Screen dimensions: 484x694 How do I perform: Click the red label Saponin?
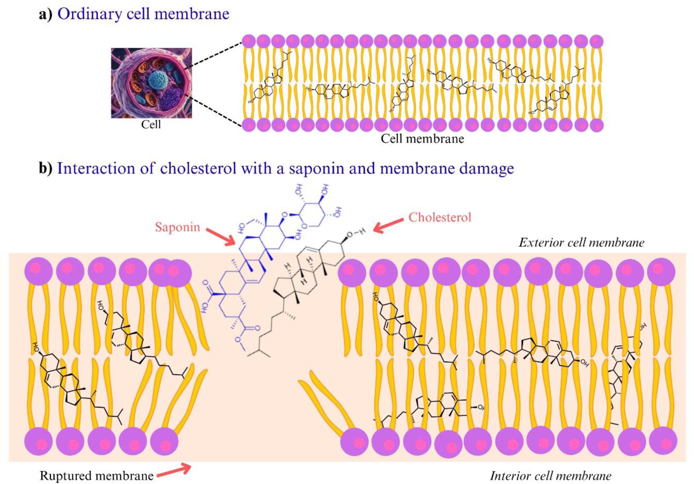[x=177, y=227]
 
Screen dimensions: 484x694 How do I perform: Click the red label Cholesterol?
[x=440, y=218]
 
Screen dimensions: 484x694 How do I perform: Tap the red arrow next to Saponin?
[x=221, y=237]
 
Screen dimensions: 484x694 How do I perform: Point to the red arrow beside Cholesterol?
[x=388, y=225]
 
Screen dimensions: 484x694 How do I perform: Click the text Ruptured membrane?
[x=96, y=476]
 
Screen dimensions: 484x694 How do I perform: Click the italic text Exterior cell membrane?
[x=581, y=243]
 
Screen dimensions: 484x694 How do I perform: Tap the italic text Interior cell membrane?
[x=550, y=476]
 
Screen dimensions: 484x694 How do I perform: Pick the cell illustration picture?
[x=151, y=83]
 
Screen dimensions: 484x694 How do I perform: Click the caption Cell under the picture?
[x=151, y=125]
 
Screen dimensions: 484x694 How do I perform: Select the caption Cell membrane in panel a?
[x=422, y=139]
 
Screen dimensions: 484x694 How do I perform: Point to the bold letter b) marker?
[x=45, y=169]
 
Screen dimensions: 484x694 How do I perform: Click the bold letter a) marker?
[x=45, y=14]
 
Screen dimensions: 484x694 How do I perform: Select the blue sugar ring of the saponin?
[x=312, y=215]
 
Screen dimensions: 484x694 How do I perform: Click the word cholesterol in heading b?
[x=198, y=169]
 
